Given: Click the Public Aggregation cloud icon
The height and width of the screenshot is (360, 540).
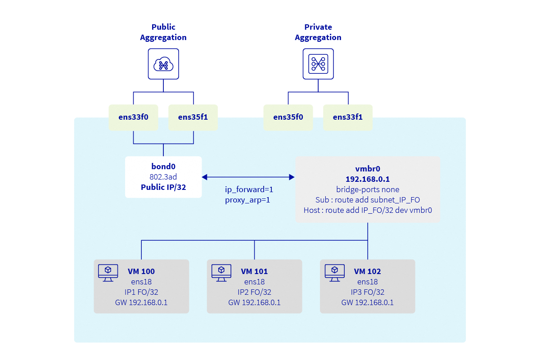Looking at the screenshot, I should coord(163,65).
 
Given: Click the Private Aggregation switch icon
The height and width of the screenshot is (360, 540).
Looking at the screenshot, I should coord(318,65).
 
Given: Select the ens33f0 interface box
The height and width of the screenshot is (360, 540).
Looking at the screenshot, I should coord(133,117).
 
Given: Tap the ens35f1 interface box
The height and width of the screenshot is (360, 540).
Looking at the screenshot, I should coord(193,117).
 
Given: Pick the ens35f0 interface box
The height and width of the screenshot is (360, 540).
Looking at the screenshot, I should coord(288,117).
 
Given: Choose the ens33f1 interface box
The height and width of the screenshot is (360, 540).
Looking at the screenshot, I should coord(347,117).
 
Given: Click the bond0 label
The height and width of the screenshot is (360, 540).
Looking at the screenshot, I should coord(163,166).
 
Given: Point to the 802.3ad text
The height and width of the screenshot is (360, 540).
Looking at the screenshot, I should coord(163,177).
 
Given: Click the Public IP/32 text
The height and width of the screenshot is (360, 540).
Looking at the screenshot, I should coord(163,187).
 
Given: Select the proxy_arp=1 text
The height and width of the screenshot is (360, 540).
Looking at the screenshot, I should coord(247,200).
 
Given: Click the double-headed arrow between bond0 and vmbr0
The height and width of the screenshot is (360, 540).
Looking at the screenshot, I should coord(248,177).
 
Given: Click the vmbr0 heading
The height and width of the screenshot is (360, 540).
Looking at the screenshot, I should coord(368,169).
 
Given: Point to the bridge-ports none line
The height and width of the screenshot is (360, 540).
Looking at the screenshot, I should coord(368,189).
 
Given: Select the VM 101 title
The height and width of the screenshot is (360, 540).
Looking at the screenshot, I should coord(254,271).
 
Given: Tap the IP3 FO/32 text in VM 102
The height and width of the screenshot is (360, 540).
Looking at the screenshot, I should coord(367,292).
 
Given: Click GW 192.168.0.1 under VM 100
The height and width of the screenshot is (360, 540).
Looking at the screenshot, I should coord(141,302).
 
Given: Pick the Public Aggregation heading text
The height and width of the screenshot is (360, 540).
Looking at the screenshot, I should coord(163,32).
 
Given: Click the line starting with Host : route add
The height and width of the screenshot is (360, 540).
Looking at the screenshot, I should coord(368,210).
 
